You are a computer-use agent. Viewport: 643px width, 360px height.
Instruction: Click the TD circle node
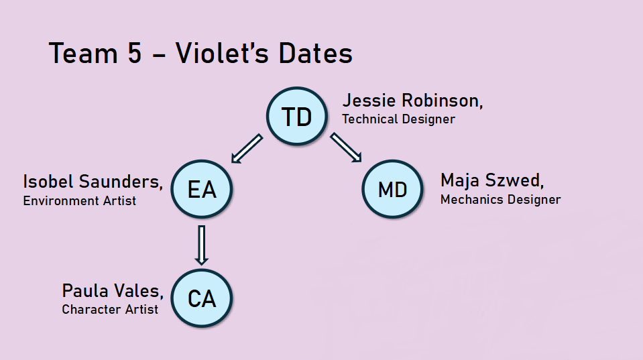tap(297, 116)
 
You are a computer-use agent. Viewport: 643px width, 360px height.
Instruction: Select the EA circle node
tap(201, 189)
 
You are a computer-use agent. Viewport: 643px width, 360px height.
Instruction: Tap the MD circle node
tap(392, 189)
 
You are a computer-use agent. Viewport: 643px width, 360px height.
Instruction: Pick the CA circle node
tap(201, 298)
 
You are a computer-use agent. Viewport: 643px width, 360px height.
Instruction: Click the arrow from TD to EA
tap(247, 148)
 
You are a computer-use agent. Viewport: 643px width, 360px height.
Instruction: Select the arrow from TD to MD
tap(346, 147)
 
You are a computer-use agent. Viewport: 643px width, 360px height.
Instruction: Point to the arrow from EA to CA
tap(201, 245)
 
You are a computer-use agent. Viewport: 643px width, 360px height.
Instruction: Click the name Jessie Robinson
tap(412, 101)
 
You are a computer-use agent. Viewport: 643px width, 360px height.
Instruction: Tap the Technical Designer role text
tap(398, 119)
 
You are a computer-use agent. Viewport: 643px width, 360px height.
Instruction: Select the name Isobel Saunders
tap(93, 182)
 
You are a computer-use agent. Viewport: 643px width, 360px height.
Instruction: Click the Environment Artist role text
tap(80, 200)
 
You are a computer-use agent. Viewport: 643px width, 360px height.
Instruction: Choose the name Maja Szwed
tap(492, 181)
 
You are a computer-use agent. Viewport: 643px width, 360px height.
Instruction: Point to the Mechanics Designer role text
tap(500, 199)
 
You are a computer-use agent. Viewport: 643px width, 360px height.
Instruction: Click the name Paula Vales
tap(113, 291)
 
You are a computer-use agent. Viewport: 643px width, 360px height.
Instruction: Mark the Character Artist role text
tap(110, 309)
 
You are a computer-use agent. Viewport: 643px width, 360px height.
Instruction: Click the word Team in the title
tap(83, 54)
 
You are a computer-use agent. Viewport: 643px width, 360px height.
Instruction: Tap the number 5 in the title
tap(135, 54)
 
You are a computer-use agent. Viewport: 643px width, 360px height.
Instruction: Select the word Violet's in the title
tap(222, 53)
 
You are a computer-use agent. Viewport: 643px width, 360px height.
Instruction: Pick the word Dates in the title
tap(315, 53)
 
